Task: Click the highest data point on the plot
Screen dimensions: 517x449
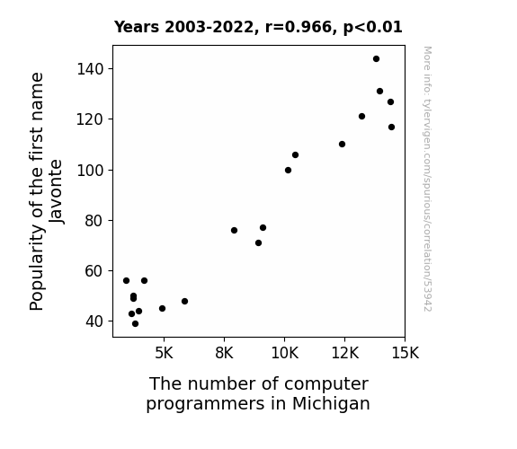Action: [x=376, y=59]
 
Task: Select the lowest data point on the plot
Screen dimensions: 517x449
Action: [x=135, y=324]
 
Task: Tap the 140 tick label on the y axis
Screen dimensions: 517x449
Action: [x=90, y=69]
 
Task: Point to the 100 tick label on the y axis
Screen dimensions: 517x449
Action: [x=90, y=171]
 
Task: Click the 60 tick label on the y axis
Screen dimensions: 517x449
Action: [x=94, y=271]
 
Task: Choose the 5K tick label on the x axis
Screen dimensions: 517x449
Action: [x=164, y=353]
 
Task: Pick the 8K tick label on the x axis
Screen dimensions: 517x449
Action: [x=224, y=353]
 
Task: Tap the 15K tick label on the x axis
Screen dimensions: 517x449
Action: [x=406, y=353]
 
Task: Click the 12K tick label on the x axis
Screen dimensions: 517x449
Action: [x=345, y=353]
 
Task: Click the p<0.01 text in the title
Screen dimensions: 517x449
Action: [x=373, y=28]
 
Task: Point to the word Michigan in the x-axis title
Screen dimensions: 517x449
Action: [x=331, y=404]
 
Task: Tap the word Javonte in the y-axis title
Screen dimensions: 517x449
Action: [x=56, y=191]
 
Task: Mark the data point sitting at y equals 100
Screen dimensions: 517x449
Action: [x=289, y=171]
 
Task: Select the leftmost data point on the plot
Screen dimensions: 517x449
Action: [x=126, y=281]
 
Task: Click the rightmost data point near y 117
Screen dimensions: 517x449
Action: [x=391, y=128]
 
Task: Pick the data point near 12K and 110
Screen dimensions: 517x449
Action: [x=342, y=145]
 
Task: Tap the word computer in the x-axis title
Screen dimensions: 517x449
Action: [x=325, y=384]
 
